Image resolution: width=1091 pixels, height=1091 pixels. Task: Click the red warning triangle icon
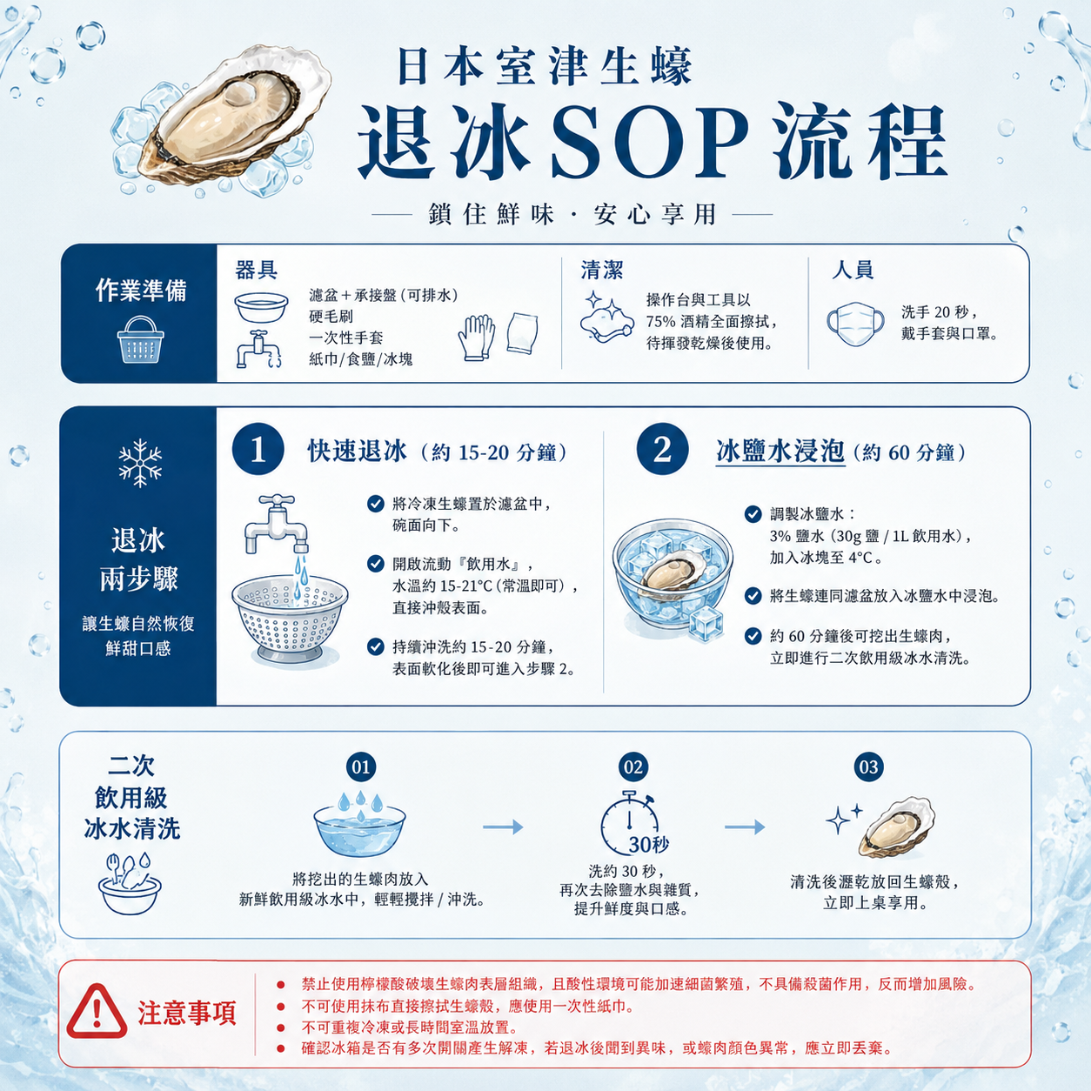tap(97, 1011)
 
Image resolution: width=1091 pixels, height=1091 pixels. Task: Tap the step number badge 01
tap(361, 767)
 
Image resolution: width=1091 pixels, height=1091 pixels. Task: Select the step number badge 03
tap(868, 767)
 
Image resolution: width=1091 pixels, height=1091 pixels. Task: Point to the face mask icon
tap(855, 324)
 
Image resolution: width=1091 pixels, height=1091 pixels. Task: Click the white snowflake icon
tap(140, 463)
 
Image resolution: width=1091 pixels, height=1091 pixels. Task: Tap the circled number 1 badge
tap(258, 450)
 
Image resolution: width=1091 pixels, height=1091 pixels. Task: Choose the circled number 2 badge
tap(662, 450)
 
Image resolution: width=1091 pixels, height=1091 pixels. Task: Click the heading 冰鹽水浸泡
tap(780, 452)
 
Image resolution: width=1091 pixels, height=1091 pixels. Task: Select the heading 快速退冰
tap(358, 452)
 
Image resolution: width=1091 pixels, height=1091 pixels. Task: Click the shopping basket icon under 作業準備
tap(140, 339)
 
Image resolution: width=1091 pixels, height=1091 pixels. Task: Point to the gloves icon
tap(476, 338)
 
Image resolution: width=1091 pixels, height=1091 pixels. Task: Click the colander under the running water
tap(290, 619)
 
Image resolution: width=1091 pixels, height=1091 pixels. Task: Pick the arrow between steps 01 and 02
tap(503, 827)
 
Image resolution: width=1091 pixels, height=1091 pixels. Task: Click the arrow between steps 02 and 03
tap(745, 827)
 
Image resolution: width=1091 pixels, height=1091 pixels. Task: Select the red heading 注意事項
tap(187, 1013)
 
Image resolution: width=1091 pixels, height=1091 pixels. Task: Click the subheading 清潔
tap(602, 270)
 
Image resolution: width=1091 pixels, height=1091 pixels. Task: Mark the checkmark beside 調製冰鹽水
tap(753, 514)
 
